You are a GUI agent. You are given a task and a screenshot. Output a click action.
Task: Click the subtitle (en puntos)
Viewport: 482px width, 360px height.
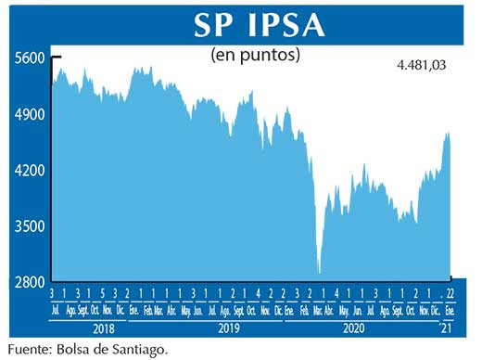coord(255,55)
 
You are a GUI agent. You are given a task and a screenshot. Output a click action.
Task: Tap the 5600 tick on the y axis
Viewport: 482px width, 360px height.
coord(30,58)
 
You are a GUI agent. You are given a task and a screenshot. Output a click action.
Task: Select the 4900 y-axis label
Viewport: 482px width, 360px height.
coord(30,114)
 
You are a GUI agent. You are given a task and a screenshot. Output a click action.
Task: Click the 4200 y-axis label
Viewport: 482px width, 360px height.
coord(30,171)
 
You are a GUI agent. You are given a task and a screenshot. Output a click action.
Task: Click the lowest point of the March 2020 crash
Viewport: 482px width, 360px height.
coord(319,273)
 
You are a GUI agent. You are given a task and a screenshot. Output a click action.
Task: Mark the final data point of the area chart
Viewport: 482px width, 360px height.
coord(450,135)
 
